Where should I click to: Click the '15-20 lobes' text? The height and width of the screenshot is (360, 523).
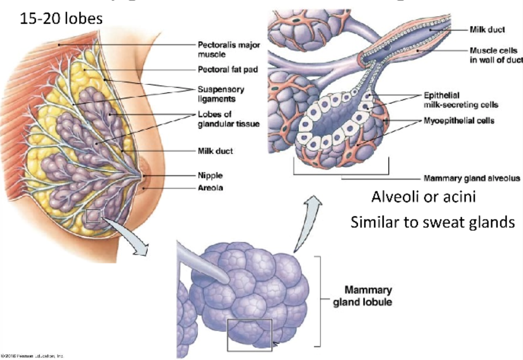(61, 19)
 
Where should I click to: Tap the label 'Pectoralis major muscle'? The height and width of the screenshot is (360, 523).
(229, 50)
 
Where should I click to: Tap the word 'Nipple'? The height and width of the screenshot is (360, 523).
(210, 175)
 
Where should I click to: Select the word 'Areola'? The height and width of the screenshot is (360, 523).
(210, 187)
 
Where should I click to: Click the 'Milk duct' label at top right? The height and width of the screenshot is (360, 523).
(488, 30)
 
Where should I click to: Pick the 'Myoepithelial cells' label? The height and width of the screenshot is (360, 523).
(458, 121)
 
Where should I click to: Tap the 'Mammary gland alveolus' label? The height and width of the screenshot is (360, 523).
(471, 178)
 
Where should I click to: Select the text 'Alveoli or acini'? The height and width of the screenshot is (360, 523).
(423, 197)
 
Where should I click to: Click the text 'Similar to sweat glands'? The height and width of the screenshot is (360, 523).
(433, 222)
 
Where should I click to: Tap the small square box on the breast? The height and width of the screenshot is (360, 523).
(93, 216)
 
